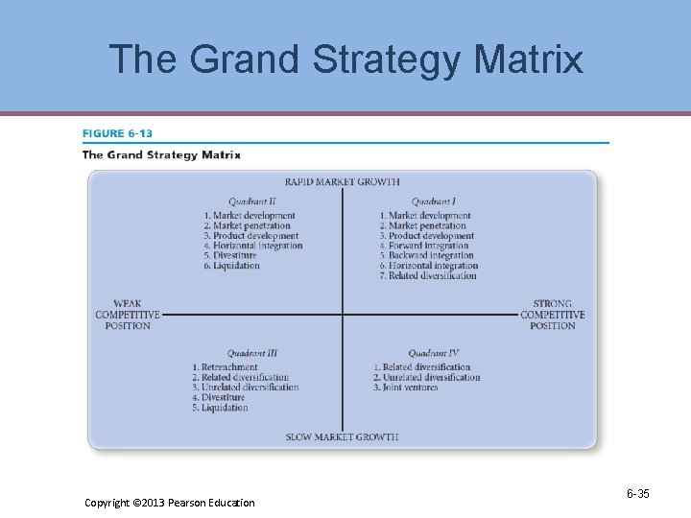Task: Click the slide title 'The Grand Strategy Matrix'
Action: coord(345,59)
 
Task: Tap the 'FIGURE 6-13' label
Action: coord(117,133)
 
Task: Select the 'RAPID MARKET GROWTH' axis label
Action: coord(342,182)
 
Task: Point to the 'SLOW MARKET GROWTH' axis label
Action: coord(342,437)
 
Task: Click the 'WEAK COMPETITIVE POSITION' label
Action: coord(128,315)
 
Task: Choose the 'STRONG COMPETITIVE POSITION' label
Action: coord(552,315)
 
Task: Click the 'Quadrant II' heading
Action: coord(252,201)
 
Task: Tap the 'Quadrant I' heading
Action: coord(433,201)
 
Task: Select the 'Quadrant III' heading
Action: coord(252,354)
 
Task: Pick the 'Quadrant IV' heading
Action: coord(433,354)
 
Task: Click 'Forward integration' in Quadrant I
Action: coord(429,246)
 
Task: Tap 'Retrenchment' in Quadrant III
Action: coord(229,367)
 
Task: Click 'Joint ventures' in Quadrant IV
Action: coord(410,388)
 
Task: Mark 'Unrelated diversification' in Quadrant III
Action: coord(250,388)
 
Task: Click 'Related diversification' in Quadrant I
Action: coord(432,276)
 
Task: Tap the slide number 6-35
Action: coord(638,494)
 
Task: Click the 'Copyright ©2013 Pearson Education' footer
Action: coord(170,502)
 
